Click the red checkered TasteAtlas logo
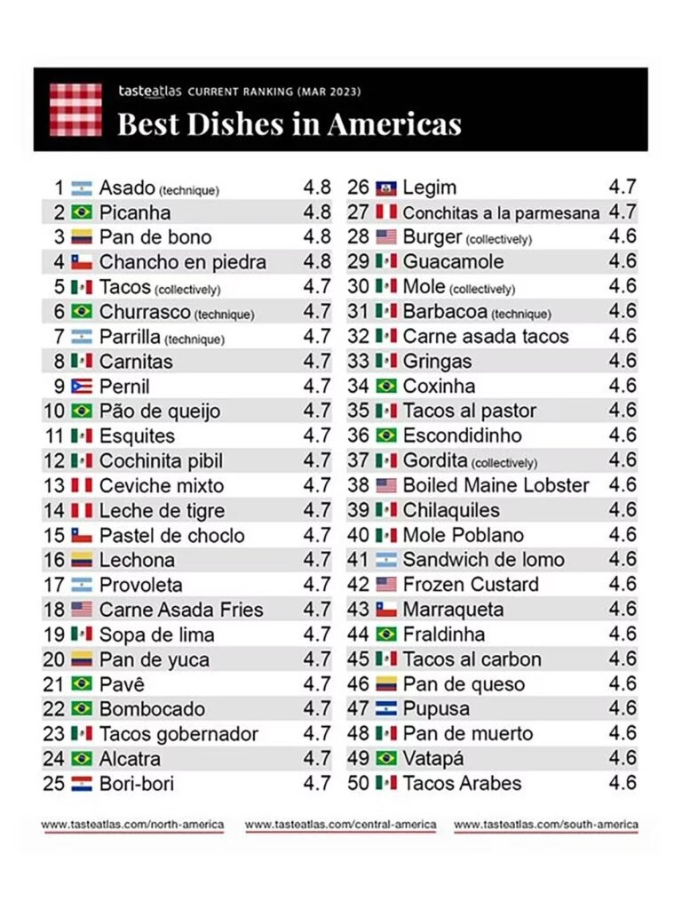(x=75, y=109)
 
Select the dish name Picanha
(x=135, y=212)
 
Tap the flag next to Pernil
(x=82, y=387)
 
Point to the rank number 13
(x=55, y=486)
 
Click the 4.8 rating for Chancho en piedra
(x=316, y=262)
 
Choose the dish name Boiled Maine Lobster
(x=496, y=485)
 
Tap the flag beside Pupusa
(x=385, y=709)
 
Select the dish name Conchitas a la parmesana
(x=501, y=212)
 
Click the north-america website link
(x=132, y=825)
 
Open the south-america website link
(x=545, y=825)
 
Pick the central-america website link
(x=340, y=825)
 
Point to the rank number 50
(x=359, y=783)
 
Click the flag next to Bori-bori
(x=82, y=784)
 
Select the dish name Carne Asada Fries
(x=181, y=610)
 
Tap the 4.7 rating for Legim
(x=622, y=188)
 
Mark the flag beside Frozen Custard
(x=385, y=585)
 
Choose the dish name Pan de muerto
(x=467, y=733)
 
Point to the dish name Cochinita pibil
(x=161, y=461)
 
